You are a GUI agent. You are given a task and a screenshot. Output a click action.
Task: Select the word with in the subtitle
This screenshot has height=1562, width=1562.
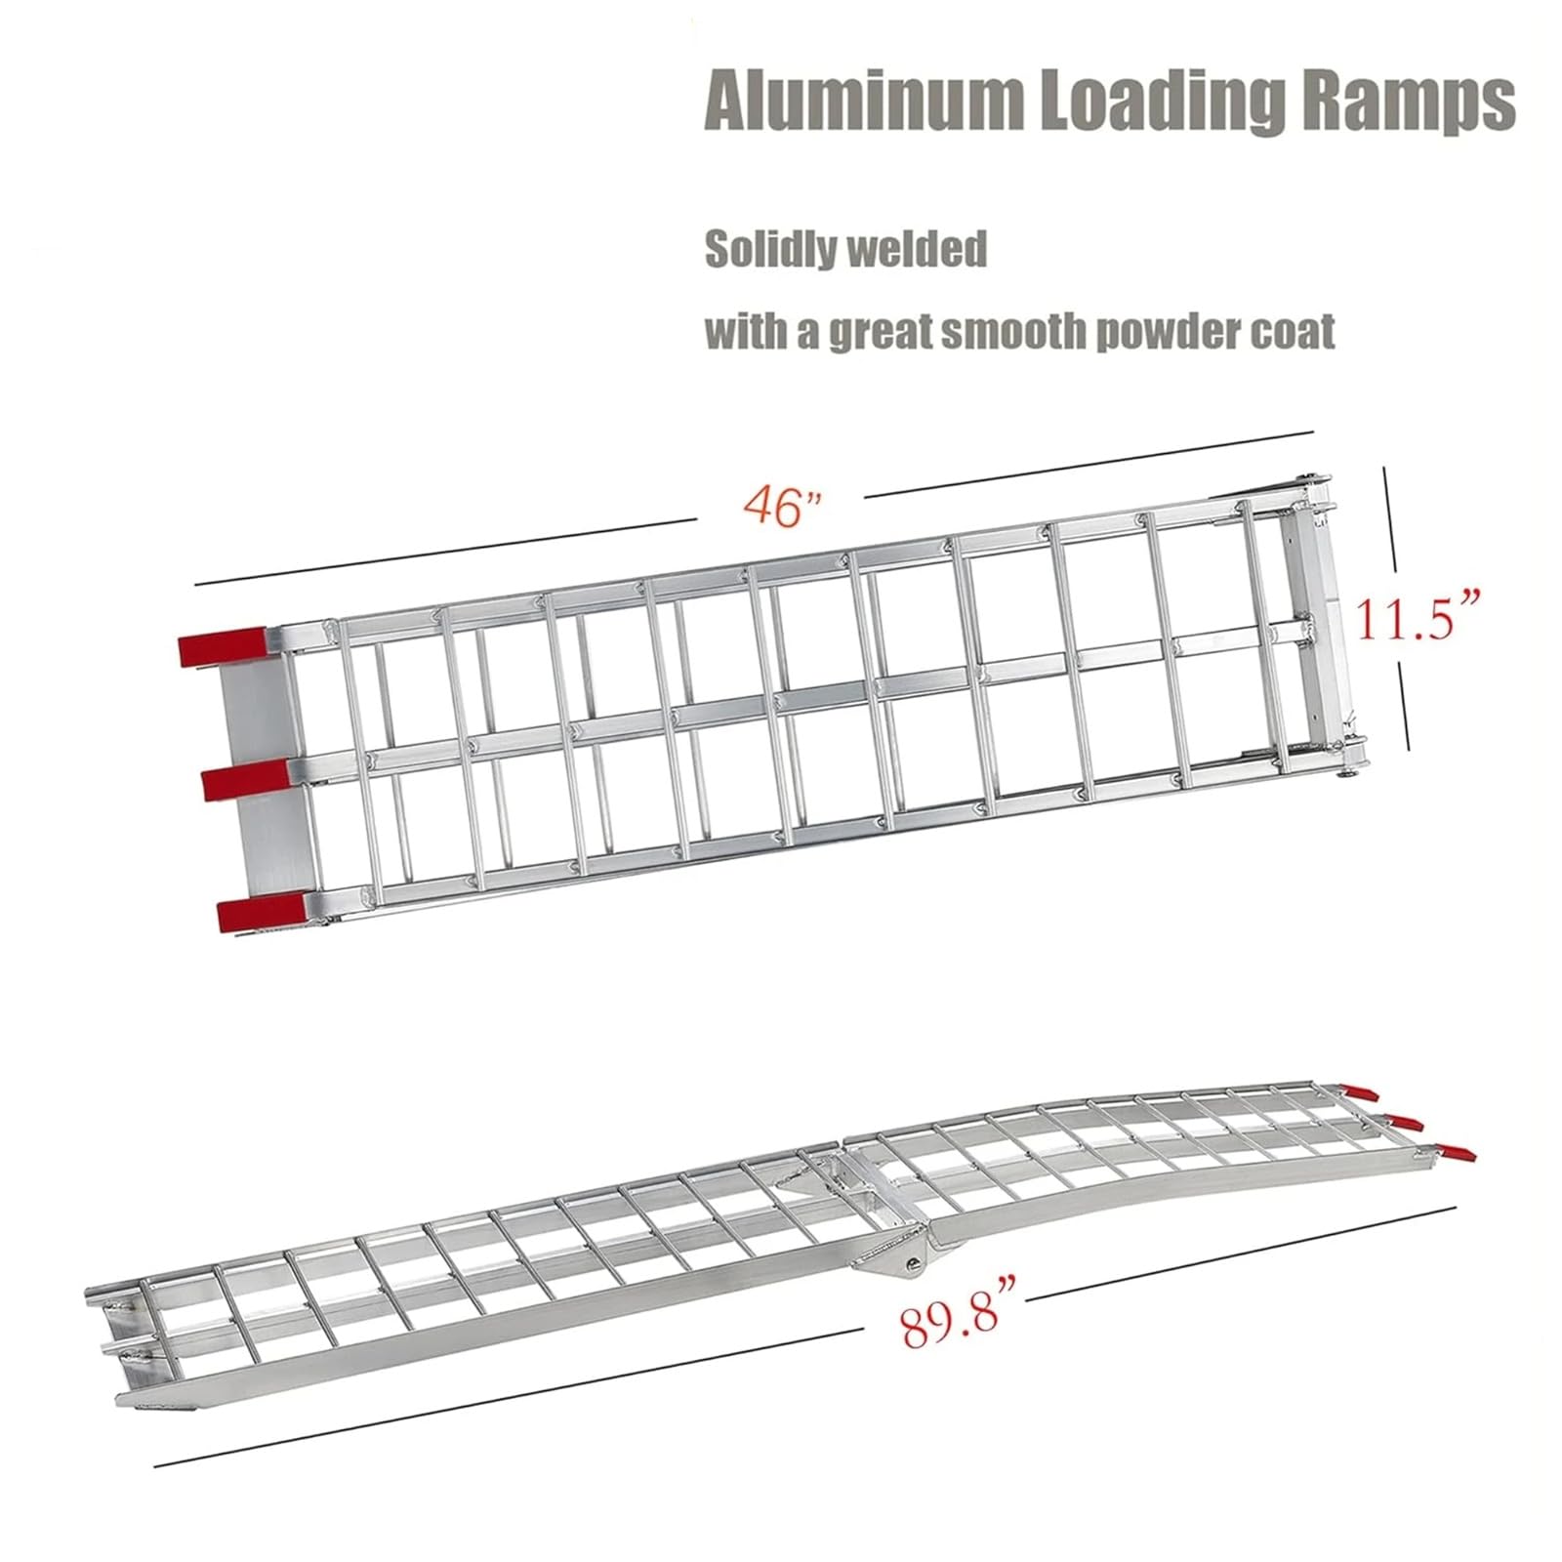[x=740, y=332]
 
